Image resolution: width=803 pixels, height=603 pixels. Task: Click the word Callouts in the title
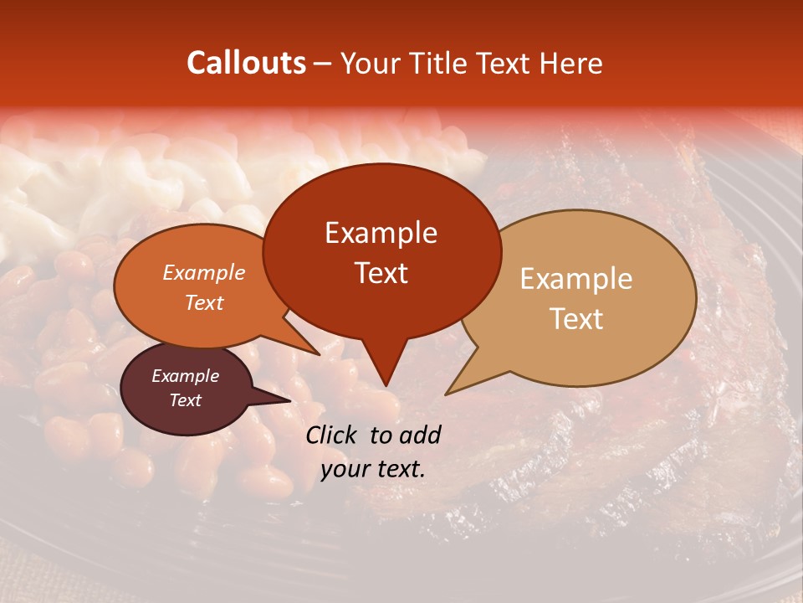(x=246, y=63)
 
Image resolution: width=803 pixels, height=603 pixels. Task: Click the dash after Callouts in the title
(x=324, y=64)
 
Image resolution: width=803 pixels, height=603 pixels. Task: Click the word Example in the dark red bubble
(x=381, y=233)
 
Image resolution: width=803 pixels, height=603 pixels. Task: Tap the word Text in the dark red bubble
(x=381, y=272)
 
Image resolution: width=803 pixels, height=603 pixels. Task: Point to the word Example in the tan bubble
(x=576, y=279)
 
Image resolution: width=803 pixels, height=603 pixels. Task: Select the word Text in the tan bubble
(x=576, y=318)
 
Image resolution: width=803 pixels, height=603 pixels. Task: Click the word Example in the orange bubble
(x=204, y=272)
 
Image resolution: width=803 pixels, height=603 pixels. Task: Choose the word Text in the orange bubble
(x=204, y=302)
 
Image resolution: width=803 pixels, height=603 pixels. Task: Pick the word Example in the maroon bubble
(x=185, y=376)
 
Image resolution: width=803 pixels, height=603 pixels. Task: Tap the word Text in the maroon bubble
(x=185, y=400)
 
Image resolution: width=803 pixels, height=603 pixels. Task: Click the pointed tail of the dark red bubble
(x=386, y=384)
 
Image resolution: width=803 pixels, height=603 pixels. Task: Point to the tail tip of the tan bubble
(x=447, y=394)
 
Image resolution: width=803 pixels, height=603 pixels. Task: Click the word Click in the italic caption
(x=333, y=435)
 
